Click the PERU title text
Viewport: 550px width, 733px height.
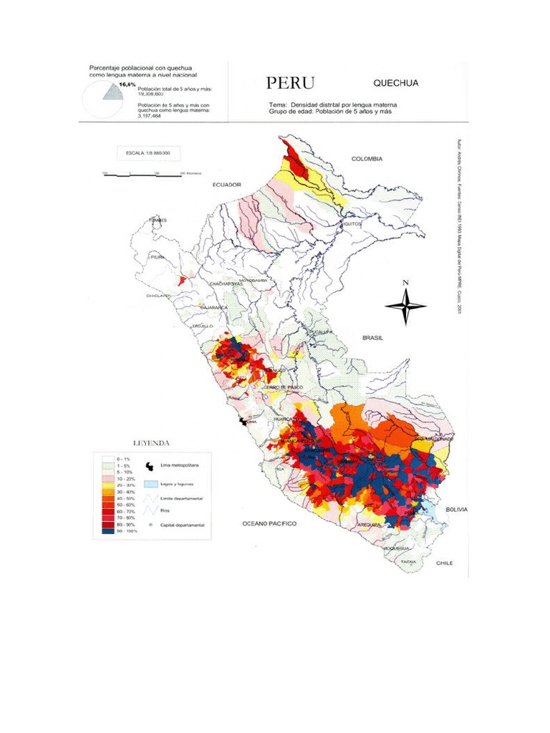[x=290, y=83]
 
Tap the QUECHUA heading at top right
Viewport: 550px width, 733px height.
[x=396, y=83]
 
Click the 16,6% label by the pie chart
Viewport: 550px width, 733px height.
[x=127, y=84]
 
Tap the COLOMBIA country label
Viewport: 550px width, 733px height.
[x=367, y=159]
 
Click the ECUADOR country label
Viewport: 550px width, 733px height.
[x=227, y=185]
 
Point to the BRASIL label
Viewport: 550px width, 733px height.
[x=375, y=336]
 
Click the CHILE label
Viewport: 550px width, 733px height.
[x=445, y=563]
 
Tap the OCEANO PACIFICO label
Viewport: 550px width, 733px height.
[x=269, y=524]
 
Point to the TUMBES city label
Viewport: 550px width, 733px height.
[x=158, y=220]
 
